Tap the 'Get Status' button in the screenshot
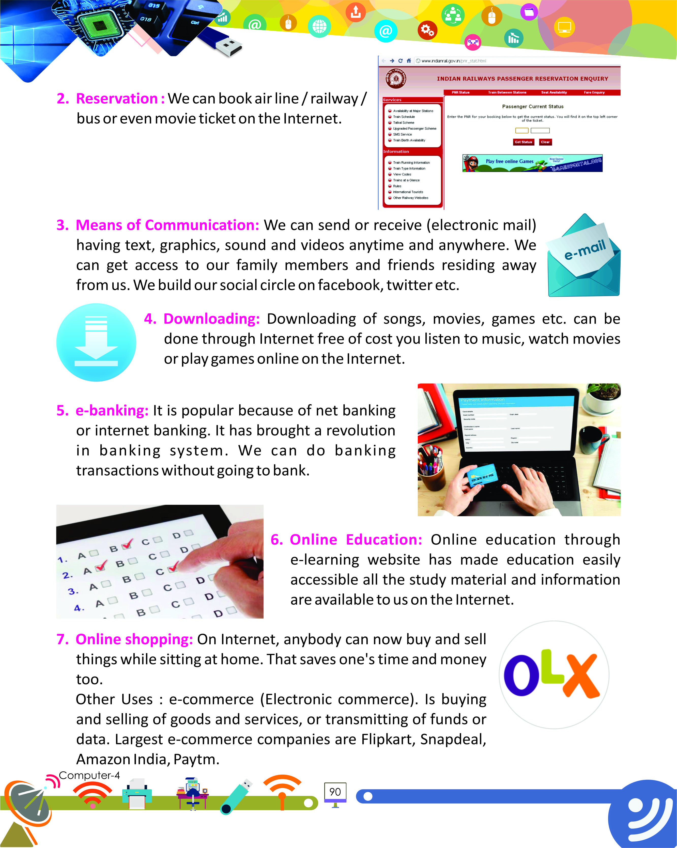[x=523, y=142]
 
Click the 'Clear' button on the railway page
[x=545, y=142]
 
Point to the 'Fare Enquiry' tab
[x=594, y=92]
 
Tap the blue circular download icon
[x=96, y=342]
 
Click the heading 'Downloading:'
[x=212, y=319]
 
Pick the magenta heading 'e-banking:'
[x=112, y=410]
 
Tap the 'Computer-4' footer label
[x=89, y=775]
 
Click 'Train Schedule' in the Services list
[x=404, y=117]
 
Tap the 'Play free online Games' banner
[x=532, y=163]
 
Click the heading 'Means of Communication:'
[x=167, y=225]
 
